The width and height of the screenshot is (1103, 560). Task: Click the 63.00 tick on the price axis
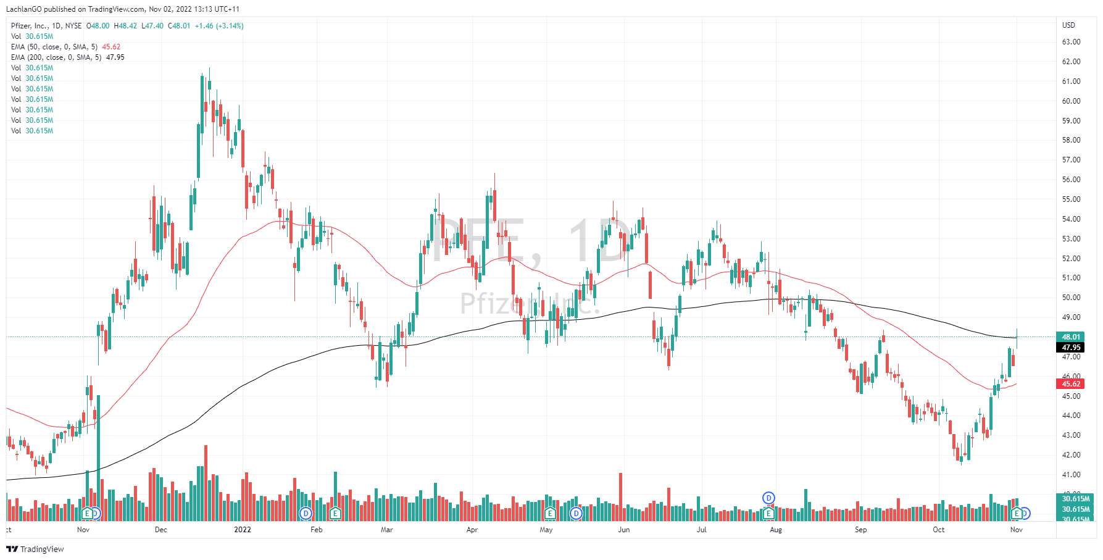click(x=1071, y=42)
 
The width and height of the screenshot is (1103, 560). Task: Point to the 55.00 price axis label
click(x=1071, y=199)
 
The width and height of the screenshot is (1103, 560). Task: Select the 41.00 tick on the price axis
click(x=1071, y=475)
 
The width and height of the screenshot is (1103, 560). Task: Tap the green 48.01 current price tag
click(x=1071, y=337)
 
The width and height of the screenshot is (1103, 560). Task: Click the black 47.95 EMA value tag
click(x=1071, y=348)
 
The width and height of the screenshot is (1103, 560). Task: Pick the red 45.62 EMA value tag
click(x=1071, y=384)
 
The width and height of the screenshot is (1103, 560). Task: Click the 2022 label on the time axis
click(x=243, y=530)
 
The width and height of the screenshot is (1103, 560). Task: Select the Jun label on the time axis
click(x=624, y=530)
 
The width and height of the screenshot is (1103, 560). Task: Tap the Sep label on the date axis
click(x=860, y=530)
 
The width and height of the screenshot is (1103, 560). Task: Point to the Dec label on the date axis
click(x=161, y=530)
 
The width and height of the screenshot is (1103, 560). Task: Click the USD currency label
click(x=1068, y=25)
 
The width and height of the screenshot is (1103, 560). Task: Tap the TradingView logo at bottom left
click(x=35, y=549)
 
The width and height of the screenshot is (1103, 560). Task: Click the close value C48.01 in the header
click(x=179, y=26)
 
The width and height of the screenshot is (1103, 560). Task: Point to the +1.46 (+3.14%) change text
click(x=219, y=26)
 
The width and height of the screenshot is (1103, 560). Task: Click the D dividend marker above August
click(x=768, y=498)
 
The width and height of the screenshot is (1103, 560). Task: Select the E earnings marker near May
click(x=550, y=513)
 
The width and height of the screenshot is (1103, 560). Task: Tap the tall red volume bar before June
click(x=620, y=496)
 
